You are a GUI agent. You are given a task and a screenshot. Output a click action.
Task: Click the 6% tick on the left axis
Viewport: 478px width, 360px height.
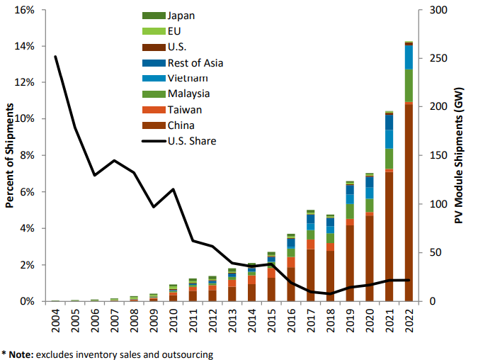pos(28,192)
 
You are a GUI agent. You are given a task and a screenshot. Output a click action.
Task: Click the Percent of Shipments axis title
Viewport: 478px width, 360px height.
pos(10,156)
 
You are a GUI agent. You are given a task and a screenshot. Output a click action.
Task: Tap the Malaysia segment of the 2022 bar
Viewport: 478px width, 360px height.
pos(409,85)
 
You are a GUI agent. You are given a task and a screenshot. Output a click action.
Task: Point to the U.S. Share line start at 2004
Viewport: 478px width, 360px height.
pos(56,57)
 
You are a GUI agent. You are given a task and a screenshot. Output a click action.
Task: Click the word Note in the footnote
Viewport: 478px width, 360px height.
pos(20,353)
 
